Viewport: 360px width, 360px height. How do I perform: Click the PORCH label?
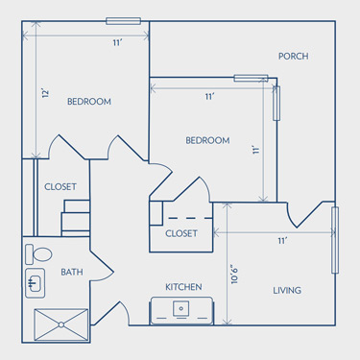(x=293, y=57)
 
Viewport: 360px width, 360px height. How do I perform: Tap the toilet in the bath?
(x=38, y=254)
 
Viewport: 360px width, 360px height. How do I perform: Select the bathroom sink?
(x=35, y=283)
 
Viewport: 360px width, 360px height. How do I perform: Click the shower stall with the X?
(x=60, y=324)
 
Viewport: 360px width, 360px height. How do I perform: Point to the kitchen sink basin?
(x=181, y=308)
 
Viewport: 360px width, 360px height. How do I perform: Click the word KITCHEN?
(x=183, y=287)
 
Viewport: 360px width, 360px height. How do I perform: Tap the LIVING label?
(x=287, y=291)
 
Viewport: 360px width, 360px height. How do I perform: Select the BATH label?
(x=72, y=272)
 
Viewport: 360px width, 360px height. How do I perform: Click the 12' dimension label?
(x=46, y=93)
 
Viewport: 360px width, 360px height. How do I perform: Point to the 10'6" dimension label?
(x=234, y=276)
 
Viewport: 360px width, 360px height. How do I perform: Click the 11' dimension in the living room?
(x=282, y=241)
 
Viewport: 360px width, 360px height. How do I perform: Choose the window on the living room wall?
(x=335, y=240)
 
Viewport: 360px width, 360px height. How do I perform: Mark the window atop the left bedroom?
(x=124, y=21)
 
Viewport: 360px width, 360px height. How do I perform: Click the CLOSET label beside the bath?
(x=60, y=186)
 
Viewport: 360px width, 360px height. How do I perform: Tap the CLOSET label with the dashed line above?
(x=181, y=233)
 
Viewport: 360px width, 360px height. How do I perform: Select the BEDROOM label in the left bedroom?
(x=89, y=102)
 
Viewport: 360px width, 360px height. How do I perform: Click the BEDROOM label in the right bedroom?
(x=207, y=140)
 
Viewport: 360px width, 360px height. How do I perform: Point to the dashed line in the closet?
(x=190, y=218)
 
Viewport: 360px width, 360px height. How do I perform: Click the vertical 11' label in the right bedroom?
(x=255, y=150)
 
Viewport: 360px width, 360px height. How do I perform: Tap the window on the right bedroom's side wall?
(x=276, y=104)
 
